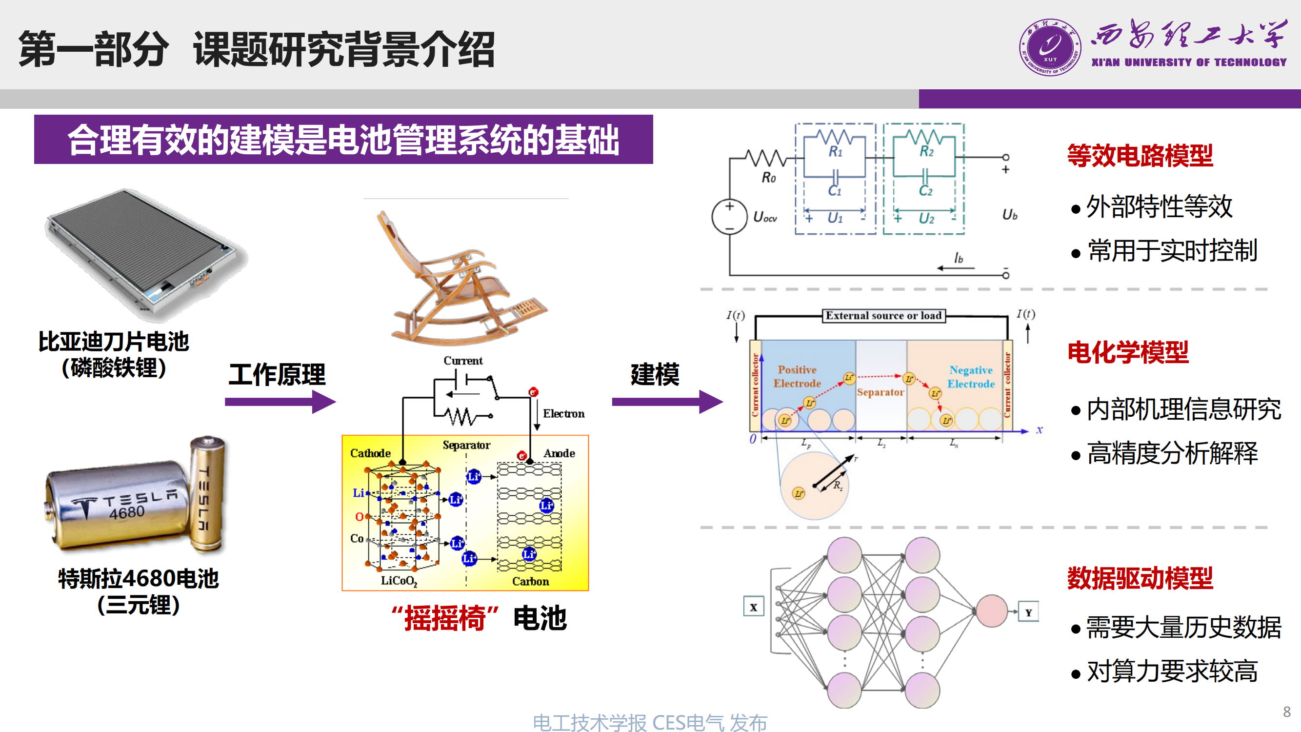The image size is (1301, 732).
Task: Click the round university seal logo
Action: [1050, 47]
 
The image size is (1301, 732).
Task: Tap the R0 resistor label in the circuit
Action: [768, 178]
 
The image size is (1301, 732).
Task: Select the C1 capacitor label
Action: [834, 191]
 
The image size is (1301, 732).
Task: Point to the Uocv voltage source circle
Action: [729, 217]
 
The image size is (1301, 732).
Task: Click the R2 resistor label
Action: [926, 151]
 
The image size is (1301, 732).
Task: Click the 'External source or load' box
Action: [883, 316]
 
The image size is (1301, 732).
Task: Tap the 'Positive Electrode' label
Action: [797, 376]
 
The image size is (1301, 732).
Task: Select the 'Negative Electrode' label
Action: [971, 377]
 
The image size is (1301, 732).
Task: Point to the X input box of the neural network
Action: [754, 607]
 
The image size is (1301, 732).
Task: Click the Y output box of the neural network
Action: [1028, 612]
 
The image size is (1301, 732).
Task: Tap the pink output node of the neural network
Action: [992, 611]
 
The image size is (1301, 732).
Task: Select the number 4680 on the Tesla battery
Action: [127, 513]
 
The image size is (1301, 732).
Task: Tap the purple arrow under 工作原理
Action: [280, 402]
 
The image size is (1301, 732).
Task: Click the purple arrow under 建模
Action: [667, 402]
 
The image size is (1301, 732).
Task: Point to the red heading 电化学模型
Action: [1128, 352]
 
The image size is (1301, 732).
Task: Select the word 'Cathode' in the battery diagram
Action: [370, 453]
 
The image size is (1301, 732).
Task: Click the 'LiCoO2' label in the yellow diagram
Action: [399, 581]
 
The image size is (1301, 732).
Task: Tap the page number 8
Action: [1286, 712]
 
